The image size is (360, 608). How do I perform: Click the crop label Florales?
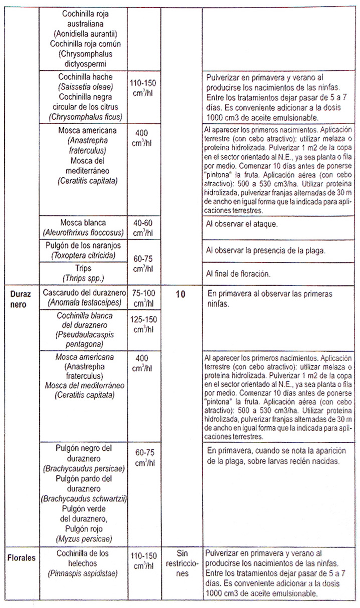click(21, 558)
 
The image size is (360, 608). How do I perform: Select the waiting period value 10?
click(181, 294)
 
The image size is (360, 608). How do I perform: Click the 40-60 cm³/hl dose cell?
click(144, 227)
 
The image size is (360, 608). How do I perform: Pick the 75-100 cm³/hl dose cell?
click(144, 299)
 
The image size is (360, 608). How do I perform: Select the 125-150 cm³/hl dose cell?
click(144, 324)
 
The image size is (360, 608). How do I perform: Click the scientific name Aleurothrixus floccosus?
click(84, 232)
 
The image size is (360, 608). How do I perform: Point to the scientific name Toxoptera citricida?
click(84, 256)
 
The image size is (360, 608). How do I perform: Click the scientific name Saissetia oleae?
click(84, 87)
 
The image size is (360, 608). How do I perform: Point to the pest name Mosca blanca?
click(84, 222)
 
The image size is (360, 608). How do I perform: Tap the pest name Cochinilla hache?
click(84, 77)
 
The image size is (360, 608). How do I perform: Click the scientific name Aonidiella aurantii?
click(84, 34)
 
